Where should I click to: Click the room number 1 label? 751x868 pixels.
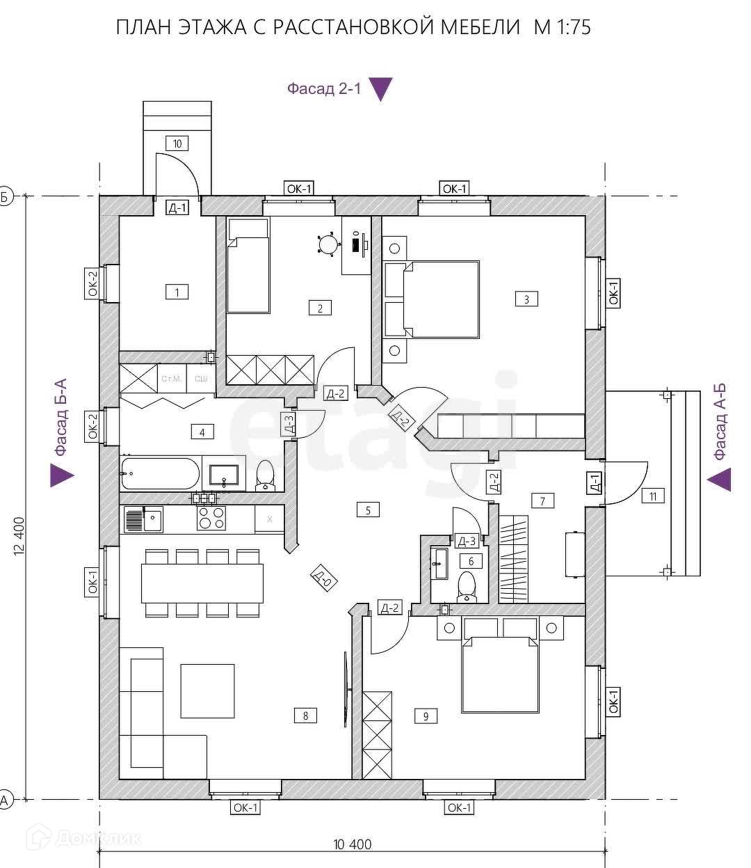coord(177,292)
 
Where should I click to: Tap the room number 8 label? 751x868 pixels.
coord(306,715)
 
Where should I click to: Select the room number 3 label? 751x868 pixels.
coord(526,299)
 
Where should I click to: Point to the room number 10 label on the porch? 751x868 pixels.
coord(177,143)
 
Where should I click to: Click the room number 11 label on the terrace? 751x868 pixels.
coord(653,496)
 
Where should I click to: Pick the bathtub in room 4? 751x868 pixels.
coord(160,473)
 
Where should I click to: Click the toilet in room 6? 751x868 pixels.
coord(467,585)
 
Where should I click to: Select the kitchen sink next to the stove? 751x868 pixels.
coord(143,519)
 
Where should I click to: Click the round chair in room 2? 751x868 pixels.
coord(328,244)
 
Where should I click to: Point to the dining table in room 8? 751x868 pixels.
coord(202,583)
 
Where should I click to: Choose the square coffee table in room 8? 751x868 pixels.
coord(207,691)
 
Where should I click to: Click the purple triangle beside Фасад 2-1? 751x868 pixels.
coord(381,89)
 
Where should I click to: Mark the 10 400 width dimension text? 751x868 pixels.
coord(353,844)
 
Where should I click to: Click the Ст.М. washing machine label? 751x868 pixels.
coord(171,379)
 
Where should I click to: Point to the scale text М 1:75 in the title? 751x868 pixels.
coord(563,27)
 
